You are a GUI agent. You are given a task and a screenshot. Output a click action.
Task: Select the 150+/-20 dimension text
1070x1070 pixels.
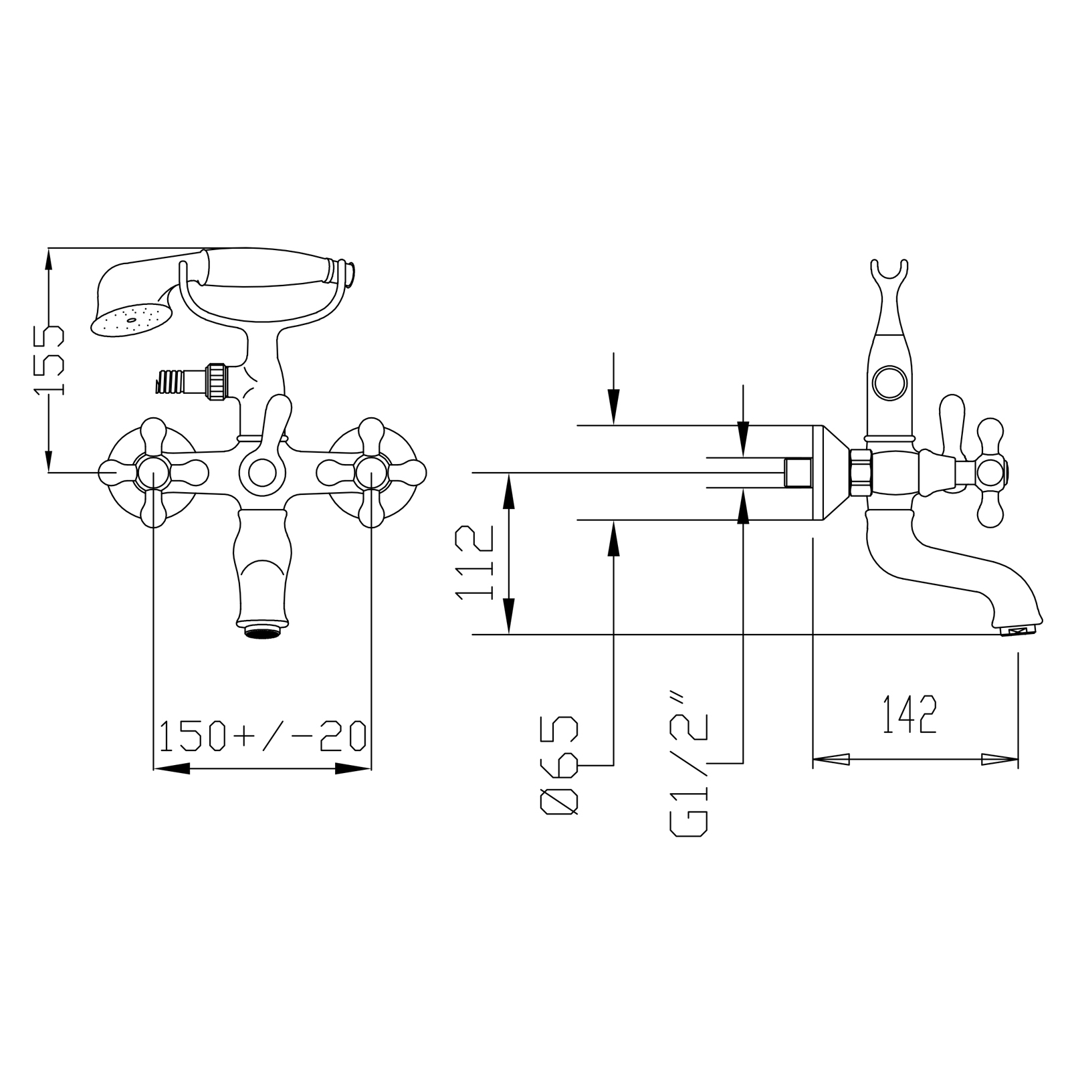click(x=262, y=734)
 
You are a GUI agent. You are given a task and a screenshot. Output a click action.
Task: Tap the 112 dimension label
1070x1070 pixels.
click(x=473, y=562)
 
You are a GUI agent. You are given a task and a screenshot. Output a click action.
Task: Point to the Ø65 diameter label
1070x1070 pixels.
click(x=558, y=765)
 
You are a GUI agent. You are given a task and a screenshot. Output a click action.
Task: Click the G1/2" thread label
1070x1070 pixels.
click(x=687, y=765)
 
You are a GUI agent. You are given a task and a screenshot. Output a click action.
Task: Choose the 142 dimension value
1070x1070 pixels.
click(x=909, y=714)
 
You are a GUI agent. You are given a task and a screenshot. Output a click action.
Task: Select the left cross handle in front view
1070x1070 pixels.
click(x=154, y=473)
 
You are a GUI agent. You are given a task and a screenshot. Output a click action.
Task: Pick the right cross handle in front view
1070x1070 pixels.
click(x=370, y=473)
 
